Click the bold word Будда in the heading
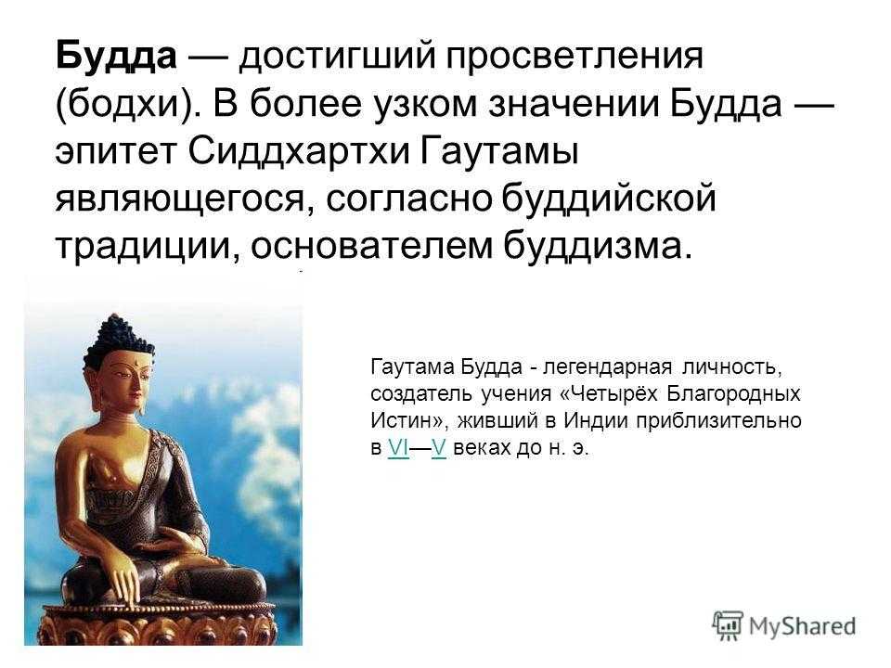(x=117, y=57)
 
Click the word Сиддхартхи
(x=300, y=151)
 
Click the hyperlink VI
(x=398, y=448)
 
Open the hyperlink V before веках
(x=439, y=448)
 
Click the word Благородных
(x=733, y=393)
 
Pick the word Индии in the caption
(x=596, y=421)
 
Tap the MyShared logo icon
(x=728, y=626)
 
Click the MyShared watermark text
(x=802, y=626)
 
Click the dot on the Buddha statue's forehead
(x=137, y=361)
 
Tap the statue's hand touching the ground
(x=123, y=586)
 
